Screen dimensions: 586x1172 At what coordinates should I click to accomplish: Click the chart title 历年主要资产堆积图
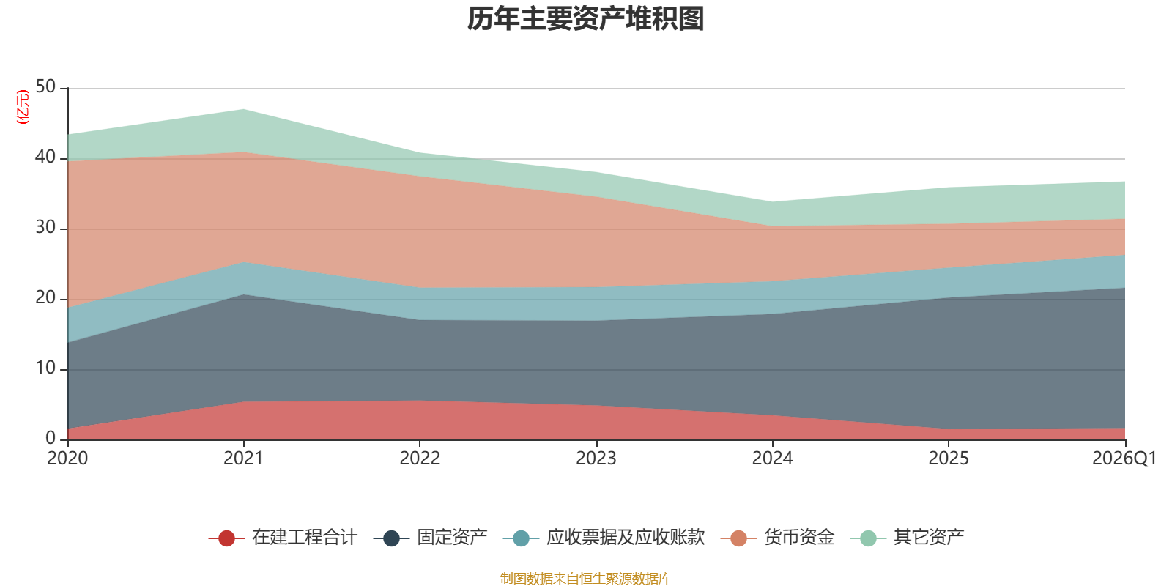pyautogui.click(x=586, y=19)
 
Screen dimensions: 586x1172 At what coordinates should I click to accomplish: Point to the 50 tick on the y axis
pyautogui.click(x=45, y=86)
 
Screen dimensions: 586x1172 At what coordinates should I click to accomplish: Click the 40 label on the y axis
pyautogui.click(x=45, y=157)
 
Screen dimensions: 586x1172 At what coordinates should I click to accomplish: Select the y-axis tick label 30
pyautogui.click(x=45, y=227)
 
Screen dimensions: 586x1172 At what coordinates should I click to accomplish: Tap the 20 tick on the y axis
pyautogui.click(x=45, y=297)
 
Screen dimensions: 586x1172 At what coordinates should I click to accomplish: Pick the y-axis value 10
pyautogui.click(x=45, y=368)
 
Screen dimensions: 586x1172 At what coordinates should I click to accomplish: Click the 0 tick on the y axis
pyautogui.click(x=51, y=438)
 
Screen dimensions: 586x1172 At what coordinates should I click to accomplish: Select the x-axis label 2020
pyautogui.click(x=67, y=459)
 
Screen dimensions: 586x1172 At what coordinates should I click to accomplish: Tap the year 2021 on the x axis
pyautogui.click(x=243, y=459)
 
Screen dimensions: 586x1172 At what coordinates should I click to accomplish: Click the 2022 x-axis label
pyautogui.click(x=420, y=459)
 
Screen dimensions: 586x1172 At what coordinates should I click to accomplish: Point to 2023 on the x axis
pyautogui.click(x=596, y=459)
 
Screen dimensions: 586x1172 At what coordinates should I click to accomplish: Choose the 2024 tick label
pyautogui.click(x=772, y=459)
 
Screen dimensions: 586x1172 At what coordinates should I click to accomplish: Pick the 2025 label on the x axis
pyautogui.click(x=949, y=459)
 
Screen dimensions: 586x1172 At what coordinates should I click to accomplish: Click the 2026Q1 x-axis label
pyautogui.click(x=1124, y=459)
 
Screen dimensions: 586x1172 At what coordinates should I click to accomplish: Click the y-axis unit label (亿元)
pyautogui.click(x=23, y=107)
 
